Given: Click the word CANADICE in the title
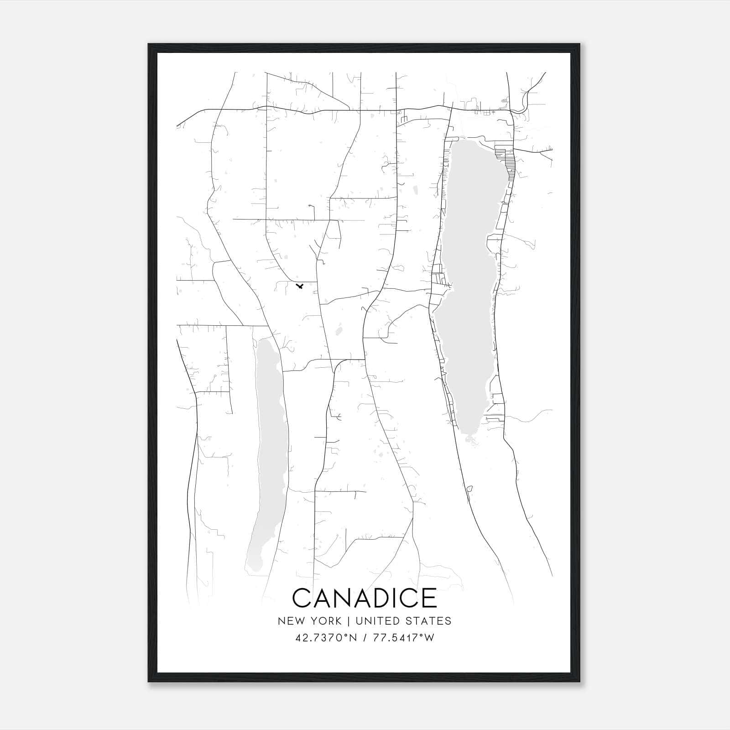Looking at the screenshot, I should (364, 598).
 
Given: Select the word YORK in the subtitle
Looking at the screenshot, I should (325, 621).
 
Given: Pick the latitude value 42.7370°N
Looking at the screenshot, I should (326, 638).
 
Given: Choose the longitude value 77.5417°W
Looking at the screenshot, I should (403, 638).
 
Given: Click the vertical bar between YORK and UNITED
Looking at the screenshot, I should (348, 621).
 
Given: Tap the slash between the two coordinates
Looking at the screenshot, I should (365, 638).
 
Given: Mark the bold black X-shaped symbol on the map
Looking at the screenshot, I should (300, 286).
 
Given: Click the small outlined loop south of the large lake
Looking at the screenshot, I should (469, 489).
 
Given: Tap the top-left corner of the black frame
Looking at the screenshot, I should (149, 45).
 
